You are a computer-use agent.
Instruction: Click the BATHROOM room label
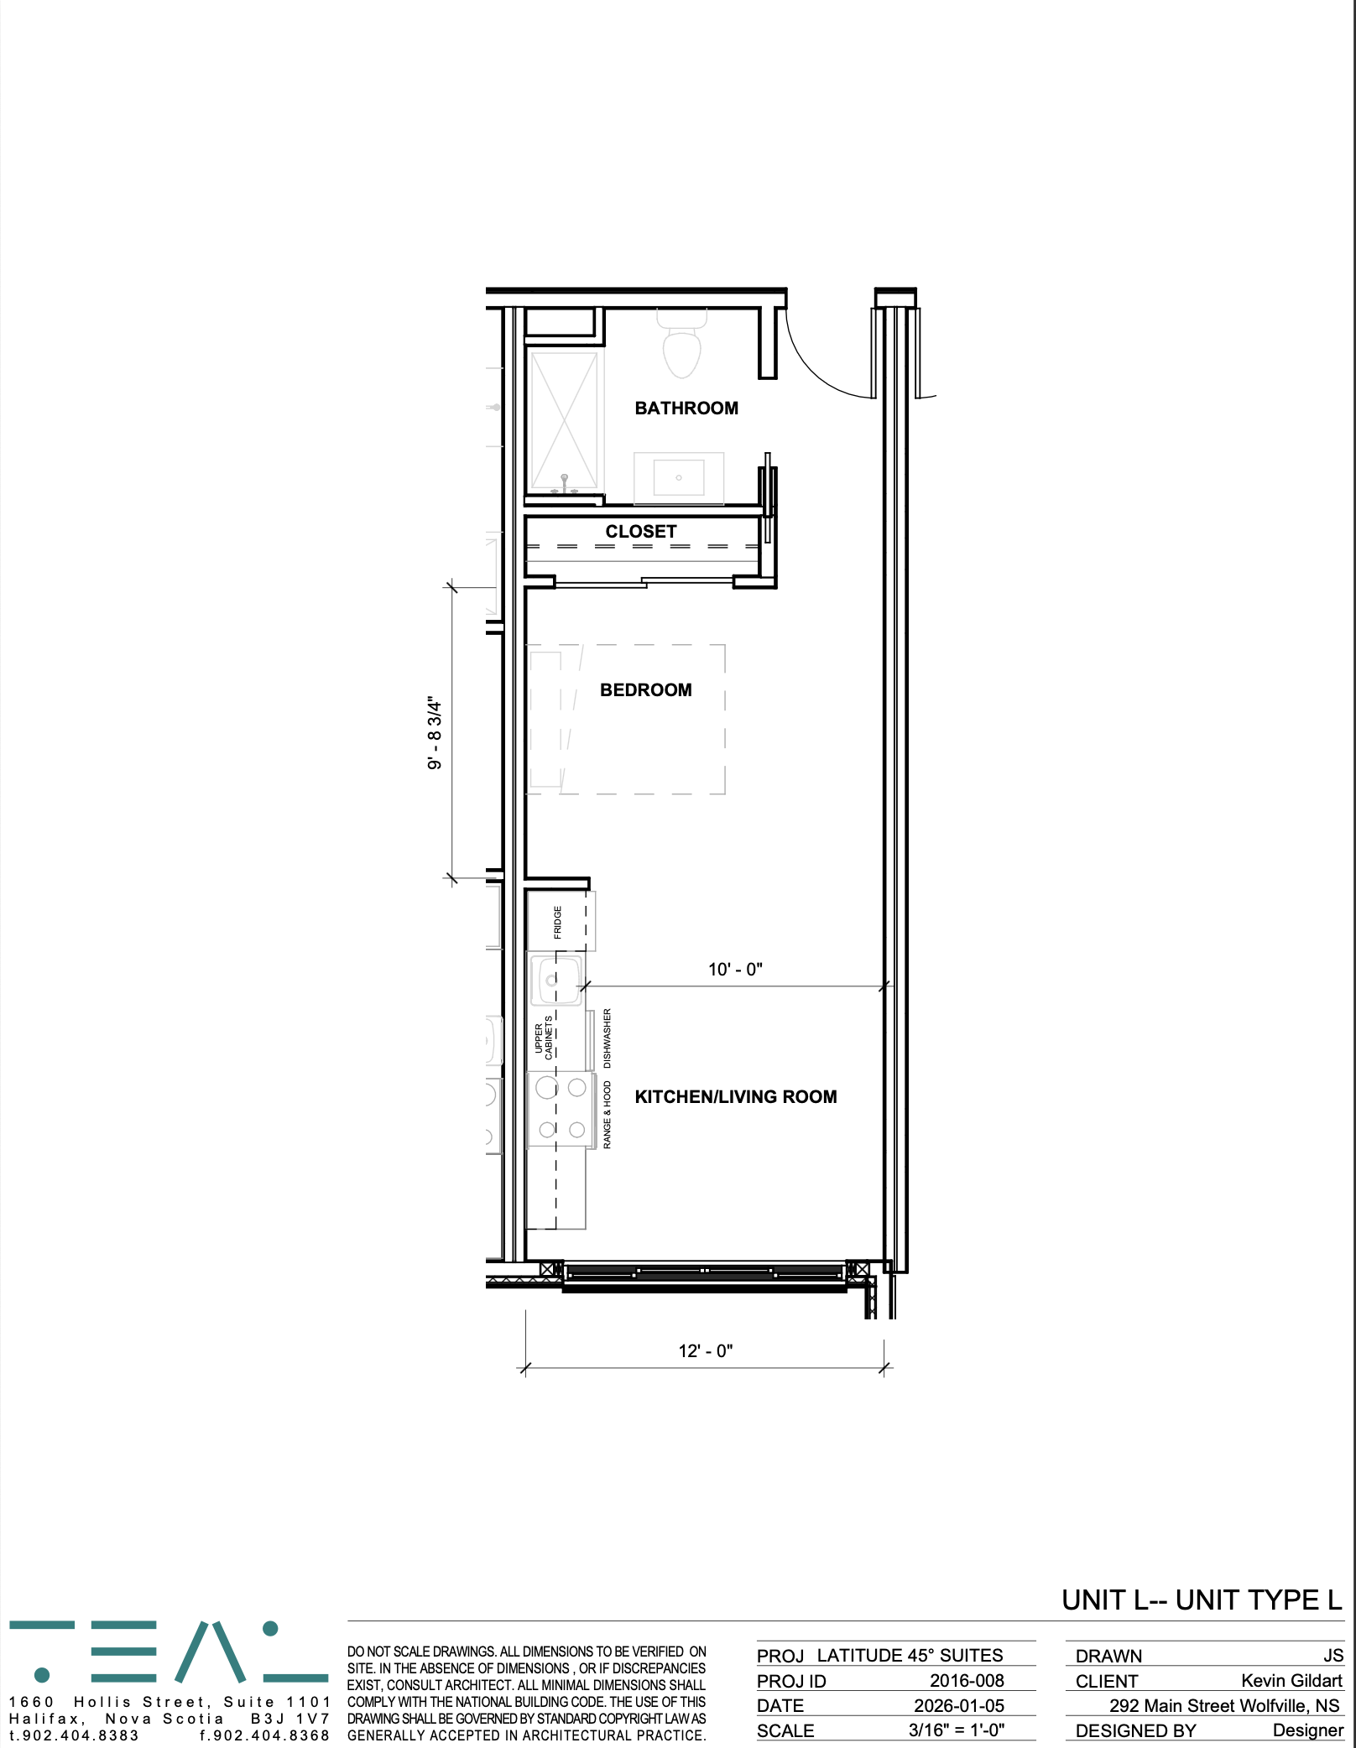(x=686, y=408)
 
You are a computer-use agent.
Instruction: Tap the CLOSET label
(x=641, y=532)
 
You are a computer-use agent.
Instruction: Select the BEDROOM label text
(x=646, y=690)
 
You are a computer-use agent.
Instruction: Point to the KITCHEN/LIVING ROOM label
(x=736, y=1097)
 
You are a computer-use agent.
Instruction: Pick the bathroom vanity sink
(x=679, y=478)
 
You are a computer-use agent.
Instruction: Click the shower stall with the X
(x=565, y=421)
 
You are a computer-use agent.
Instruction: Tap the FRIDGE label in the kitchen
(x=557, y=922)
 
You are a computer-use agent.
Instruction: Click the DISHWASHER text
(x=608, y=1038)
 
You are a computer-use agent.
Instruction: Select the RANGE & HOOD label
(x=608, y=1115)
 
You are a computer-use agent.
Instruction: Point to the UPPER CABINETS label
(x=544, y=1038)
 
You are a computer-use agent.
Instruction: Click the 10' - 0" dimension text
(x=735, y=970)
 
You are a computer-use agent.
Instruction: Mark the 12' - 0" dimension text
(x=706, y=1351)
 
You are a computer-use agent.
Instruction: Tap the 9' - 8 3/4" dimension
(x=435, y=732)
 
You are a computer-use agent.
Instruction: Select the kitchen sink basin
(x=555, y=980)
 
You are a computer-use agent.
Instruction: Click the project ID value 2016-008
(x=967, y=1681)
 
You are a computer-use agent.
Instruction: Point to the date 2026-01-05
(x=959, y=1706)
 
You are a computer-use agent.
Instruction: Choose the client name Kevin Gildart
(x=1292, y=1681)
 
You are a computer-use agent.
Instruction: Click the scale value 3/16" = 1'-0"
(x=957, y=1730)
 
